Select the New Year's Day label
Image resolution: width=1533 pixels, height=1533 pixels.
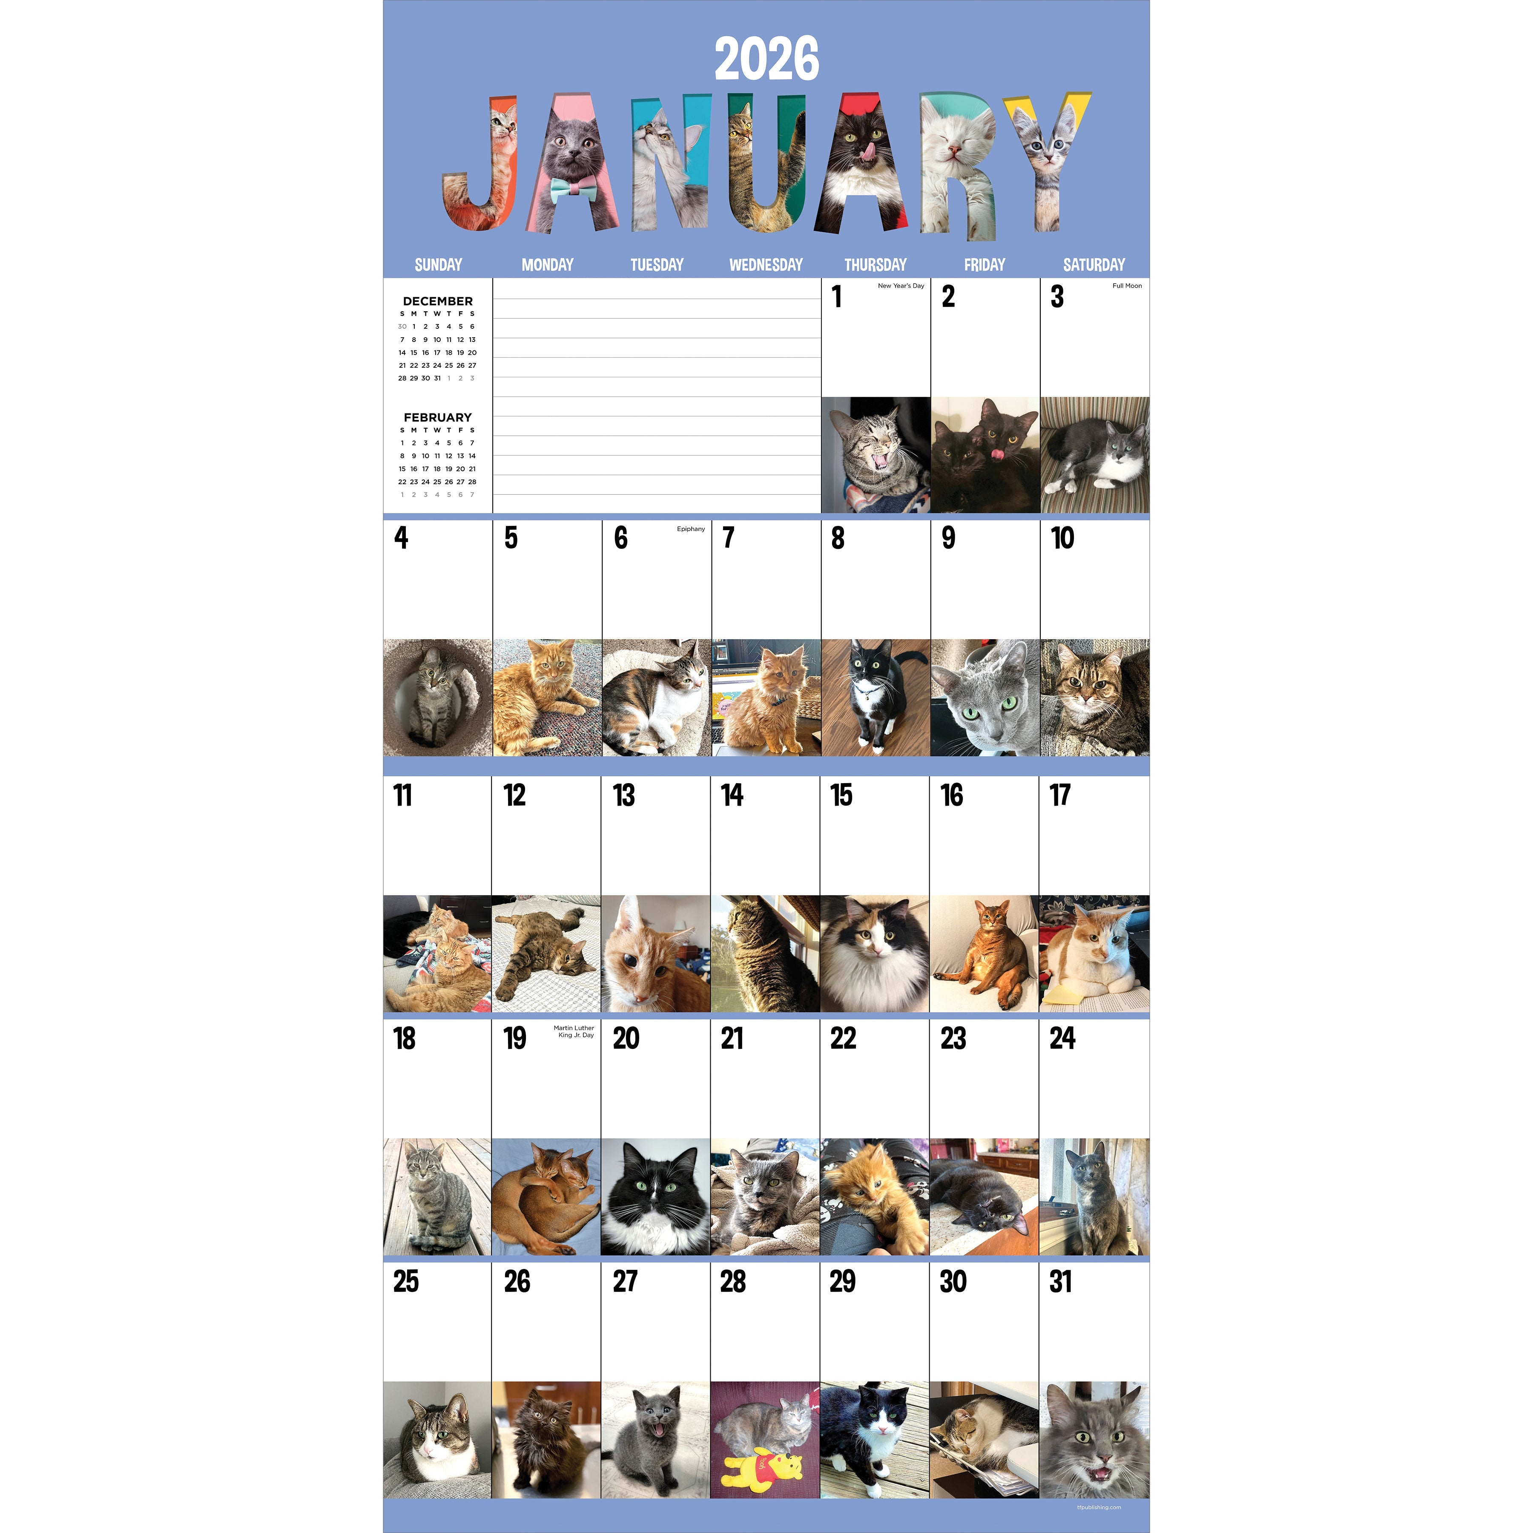point(901,286)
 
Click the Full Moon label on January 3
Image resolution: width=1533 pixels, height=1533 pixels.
point(1127,286)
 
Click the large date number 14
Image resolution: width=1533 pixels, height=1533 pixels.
point(732,795)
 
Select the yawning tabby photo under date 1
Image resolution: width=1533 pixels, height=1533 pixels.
point(875,455)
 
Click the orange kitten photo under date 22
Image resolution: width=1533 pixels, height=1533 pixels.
point(874,1197)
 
